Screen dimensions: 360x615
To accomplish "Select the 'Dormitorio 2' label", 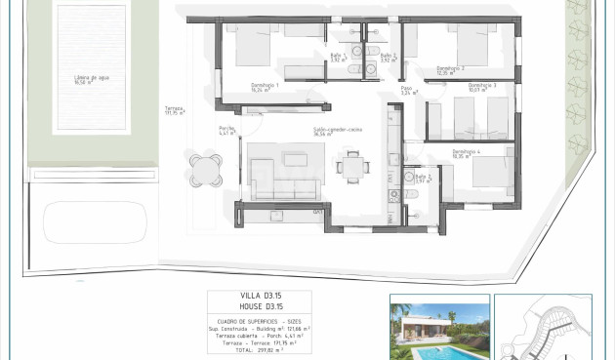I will click(449, 68).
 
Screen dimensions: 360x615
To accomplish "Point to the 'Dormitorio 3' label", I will click(482, 85).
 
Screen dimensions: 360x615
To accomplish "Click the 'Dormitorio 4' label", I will click(467, 151).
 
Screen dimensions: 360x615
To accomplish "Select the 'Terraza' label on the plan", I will click(175, 110).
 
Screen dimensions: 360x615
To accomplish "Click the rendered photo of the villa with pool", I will click(439, 327).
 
